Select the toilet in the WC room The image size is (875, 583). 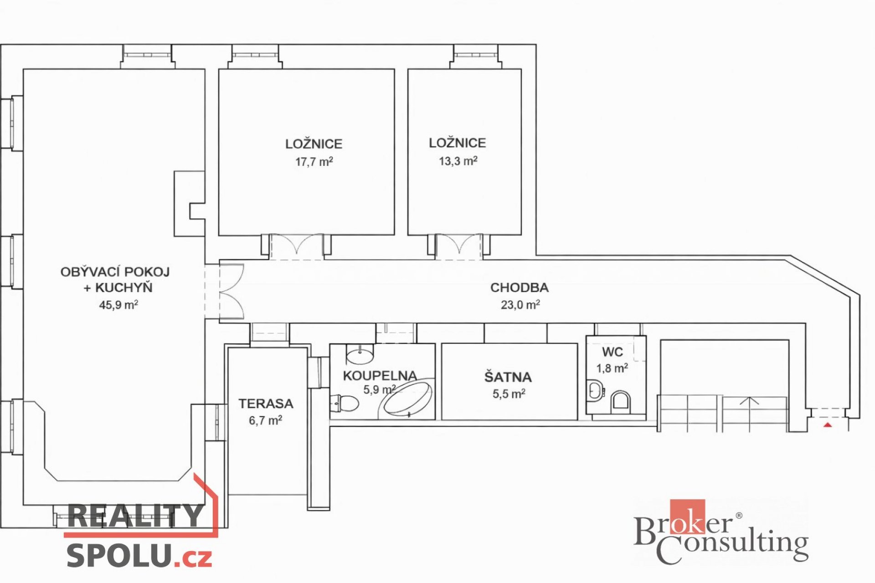(x=621, y=402)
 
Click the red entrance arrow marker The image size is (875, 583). (x=828, y=425)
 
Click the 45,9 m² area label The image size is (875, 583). (x=118, y=304)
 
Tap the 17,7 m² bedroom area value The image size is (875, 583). (x=314, y=161)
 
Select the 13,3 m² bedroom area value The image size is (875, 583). (x=458, y=161)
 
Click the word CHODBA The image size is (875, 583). (x=520, y=287)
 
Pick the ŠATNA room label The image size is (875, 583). (x=508, y=377)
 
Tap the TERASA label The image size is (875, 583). (x=266, y=404)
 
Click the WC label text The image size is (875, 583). (x=612, y=352)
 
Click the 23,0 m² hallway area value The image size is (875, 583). (x=520, y=304)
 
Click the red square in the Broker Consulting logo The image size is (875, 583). (x=687, y=516)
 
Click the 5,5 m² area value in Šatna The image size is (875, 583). (x=509, y=394)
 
